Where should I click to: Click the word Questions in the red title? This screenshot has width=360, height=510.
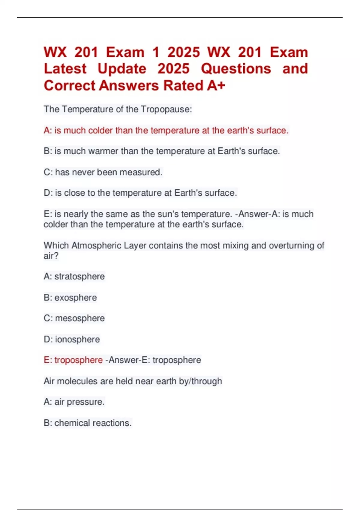pos(236,69)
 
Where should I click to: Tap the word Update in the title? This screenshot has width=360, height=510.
pos(122,69)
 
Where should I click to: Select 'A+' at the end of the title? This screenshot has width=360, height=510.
pos(216,86)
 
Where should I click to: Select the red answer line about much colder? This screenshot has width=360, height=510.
pos(166,130)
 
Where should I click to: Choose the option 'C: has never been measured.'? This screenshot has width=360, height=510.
pos(103,172)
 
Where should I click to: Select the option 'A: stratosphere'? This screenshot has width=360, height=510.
pos(74,276)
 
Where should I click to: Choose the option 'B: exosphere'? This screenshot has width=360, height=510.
pos(70,298)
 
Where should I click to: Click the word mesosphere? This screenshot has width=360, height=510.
pos(80,318)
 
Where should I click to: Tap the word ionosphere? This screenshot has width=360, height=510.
pos(77,339)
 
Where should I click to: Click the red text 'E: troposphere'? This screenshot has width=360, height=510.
pos(73,360)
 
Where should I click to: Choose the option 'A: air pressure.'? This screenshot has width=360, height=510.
pos(74,402)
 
